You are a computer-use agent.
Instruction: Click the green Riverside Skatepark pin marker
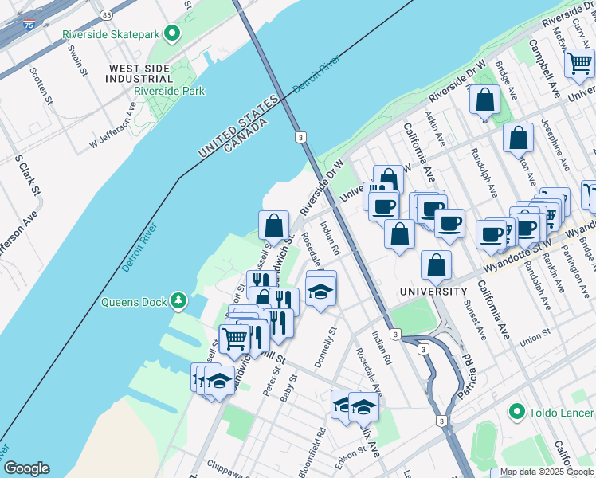pyautogui.click(x=171, y=33)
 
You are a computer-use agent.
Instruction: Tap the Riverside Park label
pyautogui.click(x=169, y=91)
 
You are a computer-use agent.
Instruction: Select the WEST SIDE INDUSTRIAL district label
pyautogui.click(x=141, y=73)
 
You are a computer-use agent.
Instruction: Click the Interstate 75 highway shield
pyautogui.click(x=29, y=25)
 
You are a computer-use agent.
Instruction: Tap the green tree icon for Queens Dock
pyautogui.click(x=179, y=301)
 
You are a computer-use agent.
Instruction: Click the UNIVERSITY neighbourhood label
pyautogui.click(x=433, y=292)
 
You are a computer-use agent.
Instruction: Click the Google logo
pyautogui.click(x=26, y=468)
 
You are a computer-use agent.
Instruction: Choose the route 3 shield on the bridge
pyautogui.click(x=300, y=137)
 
